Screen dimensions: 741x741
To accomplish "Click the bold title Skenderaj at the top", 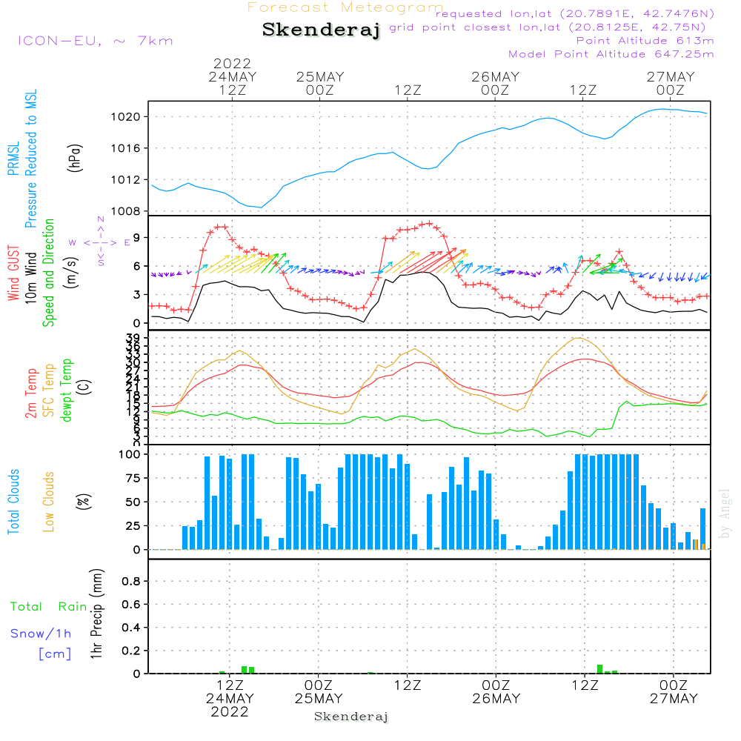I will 321,30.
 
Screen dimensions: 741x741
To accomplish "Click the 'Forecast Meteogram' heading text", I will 345,7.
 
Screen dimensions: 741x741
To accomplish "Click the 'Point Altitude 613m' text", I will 645,41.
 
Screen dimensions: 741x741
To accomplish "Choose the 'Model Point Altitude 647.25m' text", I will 611,54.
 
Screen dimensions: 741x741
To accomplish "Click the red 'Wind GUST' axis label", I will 14,274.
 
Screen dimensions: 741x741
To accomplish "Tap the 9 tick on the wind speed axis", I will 136,237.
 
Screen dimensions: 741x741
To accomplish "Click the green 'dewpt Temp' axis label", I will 67,391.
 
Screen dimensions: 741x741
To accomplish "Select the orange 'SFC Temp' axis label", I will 49,391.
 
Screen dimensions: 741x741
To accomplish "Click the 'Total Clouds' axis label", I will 14,501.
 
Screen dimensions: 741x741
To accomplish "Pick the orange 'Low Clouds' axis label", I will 49,501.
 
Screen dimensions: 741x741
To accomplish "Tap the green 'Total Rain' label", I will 49,607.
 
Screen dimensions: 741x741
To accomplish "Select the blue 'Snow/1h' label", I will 41,634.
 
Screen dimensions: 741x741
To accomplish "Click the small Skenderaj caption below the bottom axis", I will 351,717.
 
